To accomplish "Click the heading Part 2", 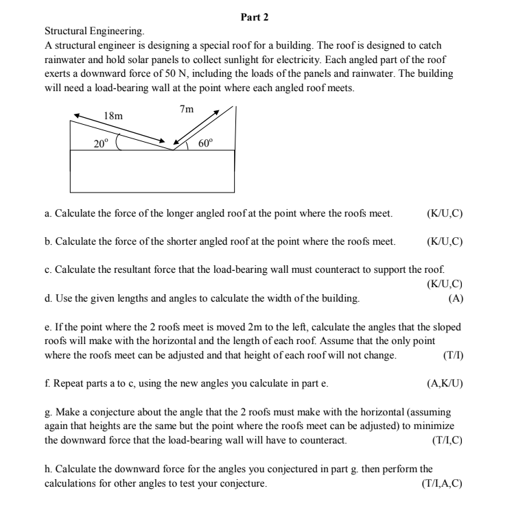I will (x=255, y=16).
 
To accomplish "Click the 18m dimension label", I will (x=113, y=117).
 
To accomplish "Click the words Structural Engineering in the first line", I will (x=95, y=32).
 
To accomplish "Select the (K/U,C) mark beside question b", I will (x=445, y=241).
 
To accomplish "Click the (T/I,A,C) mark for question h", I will (x=441, y=484).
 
